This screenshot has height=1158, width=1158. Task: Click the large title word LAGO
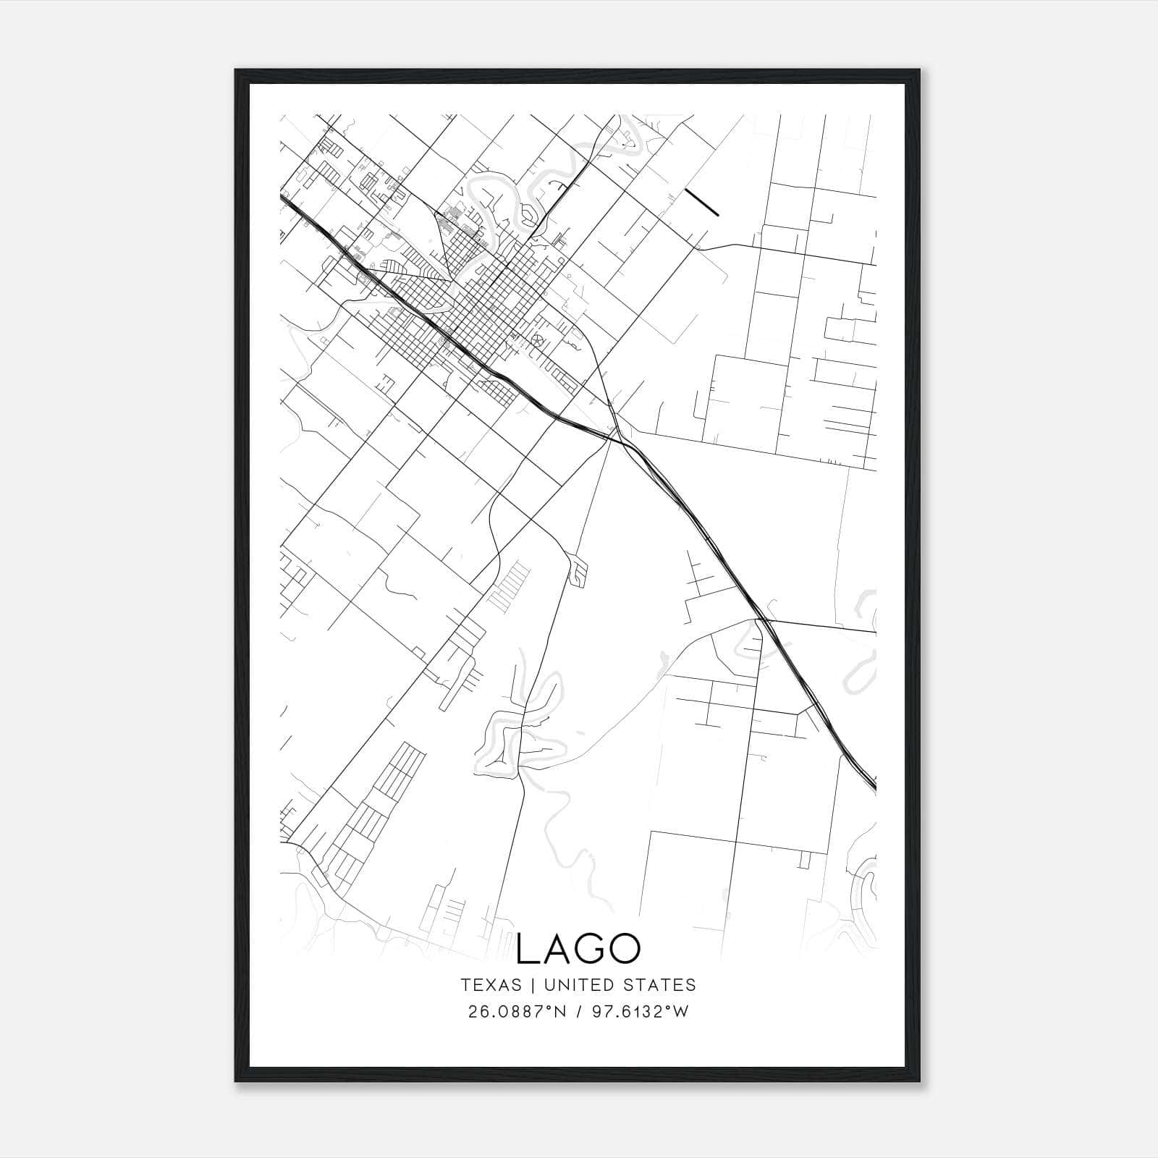pos(578,949)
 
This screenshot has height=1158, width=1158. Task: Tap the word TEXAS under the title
pos(491,985)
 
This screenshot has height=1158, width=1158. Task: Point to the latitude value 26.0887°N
pos(514,1012)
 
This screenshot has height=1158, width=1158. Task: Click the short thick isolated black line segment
pos(701,203)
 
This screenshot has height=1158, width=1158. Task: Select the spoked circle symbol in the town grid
pos(537,339)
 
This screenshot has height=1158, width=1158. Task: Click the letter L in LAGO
pos(526,949)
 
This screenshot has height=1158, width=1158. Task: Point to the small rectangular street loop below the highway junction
pos(580,570)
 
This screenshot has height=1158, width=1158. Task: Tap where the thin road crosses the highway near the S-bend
pos(760,620)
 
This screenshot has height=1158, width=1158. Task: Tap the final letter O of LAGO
pos(624,949)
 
